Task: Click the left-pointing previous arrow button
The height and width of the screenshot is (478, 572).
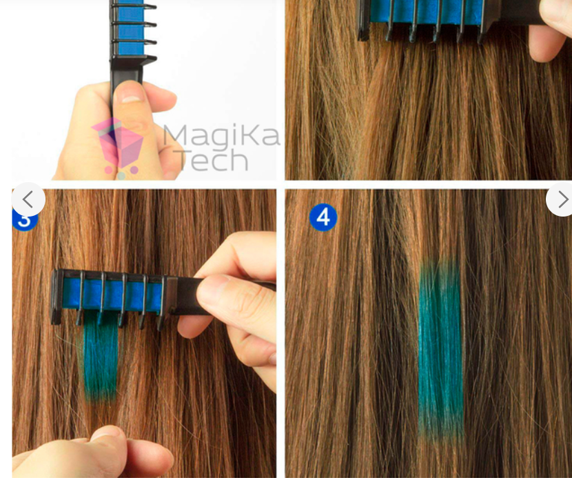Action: [28, 200]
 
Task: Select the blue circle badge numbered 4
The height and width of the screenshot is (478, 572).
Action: [323, 217]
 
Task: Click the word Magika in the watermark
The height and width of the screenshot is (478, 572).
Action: [221, 136]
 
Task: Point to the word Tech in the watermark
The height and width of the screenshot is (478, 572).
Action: [210, 161]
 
